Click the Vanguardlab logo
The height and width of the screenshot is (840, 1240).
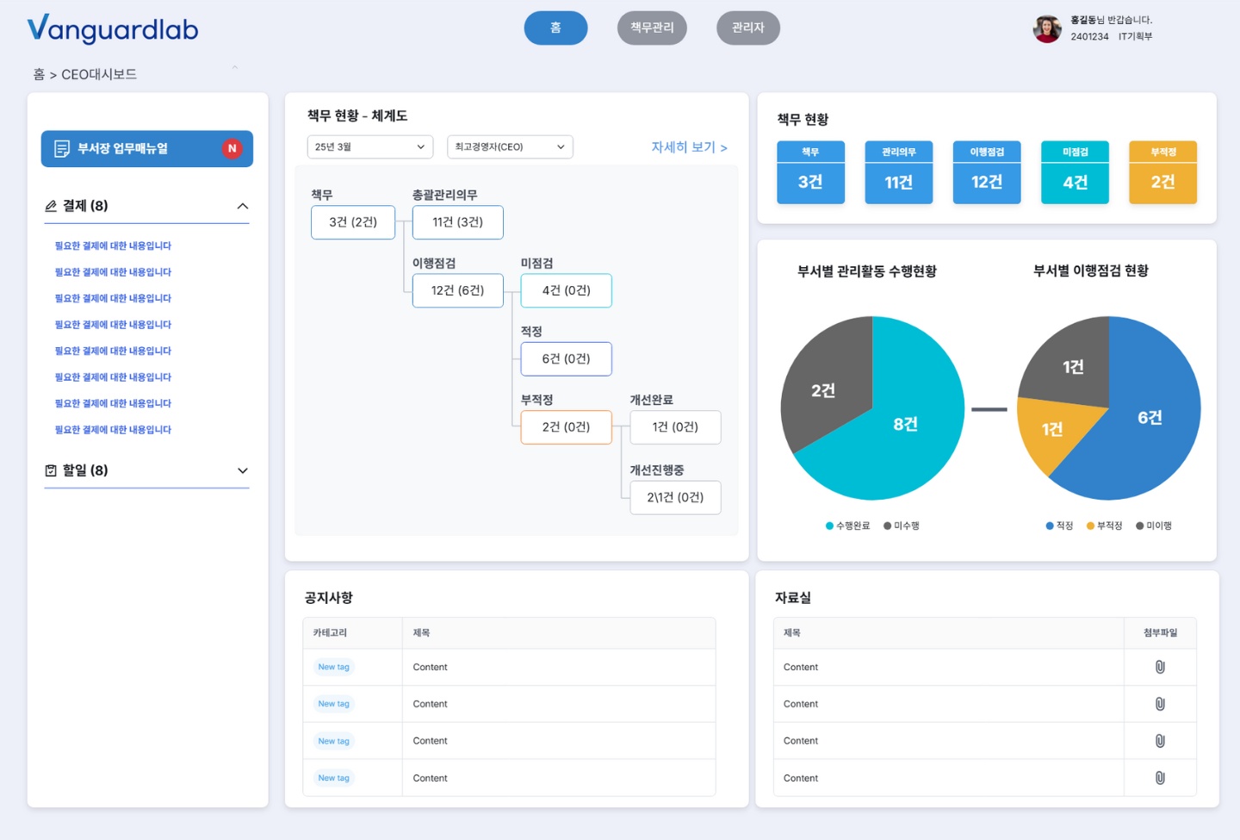pyautogui.click(x=112, y=28)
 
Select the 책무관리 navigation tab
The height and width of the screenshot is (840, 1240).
pyautogui.click(x=652, y=28)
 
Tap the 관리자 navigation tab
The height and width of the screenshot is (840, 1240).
pyautogui.click(x=747, y=28)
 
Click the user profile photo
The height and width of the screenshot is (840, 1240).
pyautogui.click(x=1047, y=28)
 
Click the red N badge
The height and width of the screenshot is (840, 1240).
pyautogui.click(x=232, y=148)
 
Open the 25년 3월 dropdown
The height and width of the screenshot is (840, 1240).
pyautogui.click(x=369, y=146)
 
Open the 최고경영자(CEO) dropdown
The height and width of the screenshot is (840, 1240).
pyautogui.click(x=510, y=146)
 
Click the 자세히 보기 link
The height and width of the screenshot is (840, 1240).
pyautogui.click(x=689, y=147)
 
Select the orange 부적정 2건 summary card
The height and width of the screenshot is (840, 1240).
pyautogui.click(x=1162, y=172)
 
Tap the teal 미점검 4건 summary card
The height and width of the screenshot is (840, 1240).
pyautogui.click(x=1075, y=172)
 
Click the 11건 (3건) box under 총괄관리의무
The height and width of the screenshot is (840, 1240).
pyautogui.click(x=458, y=222)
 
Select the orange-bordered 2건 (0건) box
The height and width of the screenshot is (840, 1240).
pyautogui.click(x=566, y=427)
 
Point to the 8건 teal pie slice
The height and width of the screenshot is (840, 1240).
pyautogui.click(x=906, y=425)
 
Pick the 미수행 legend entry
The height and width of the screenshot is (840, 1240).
pyautogui.click(x=902, y=526)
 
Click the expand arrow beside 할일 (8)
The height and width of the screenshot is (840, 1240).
pyautogui.click(x=243, y=470)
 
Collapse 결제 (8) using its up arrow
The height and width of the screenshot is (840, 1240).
pyautogui.click(x=243, y=206)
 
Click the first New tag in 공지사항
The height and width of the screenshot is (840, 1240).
pyautogui.click(x=334, y=667)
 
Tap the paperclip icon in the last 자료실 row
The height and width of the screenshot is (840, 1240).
pyautogui.click(x=1160, y=777)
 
